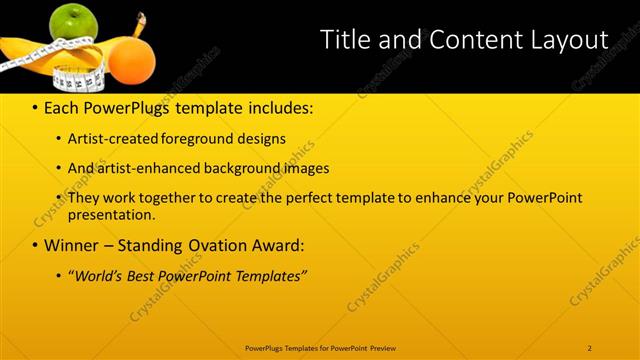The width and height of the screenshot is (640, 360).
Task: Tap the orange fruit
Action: coord(131,59)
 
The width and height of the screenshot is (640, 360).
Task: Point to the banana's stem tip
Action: coord(140,17)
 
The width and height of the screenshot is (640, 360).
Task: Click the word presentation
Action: coord(111,214)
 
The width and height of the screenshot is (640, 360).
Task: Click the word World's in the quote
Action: coord(96,275)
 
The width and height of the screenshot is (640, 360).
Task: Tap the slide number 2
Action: coord(590,347)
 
